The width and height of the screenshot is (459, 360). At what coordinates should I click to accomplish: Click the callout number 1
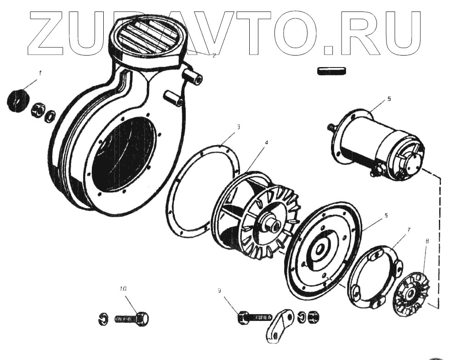(x=40, y=73)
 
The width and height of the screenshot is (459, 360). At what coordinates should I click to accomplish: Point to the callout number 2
(x=214, y=55)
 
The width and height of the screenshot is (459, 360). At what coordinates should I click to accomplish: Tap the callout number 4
(x=266, y=143)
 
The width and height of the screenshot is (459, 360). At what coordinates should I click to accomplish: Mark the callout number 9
(x=219, y=290)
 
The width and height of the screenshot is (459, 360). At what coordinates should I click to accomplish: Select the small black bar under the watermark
(x=331, y=71)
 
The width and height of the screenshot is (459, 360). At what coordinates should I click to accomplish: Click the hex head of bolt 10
(x=143, y=318)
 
